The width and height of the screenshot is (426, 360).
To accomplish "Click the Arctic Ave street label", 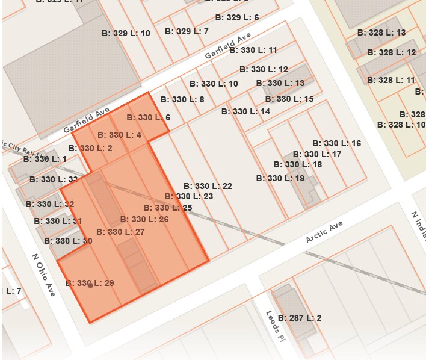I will (x=324, y=232).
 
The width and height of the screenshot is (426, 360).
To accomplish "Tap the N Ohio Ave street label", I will (x=43, y=275).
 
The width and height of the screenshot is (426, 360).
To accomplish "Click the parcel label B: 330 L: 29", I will (x=90, y=283).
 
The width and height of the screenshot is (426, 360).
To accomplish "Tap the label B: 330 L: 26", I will (x=144, y=219).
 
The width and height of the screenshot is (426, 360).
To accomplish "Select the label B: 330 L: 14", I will (x=245, y=111).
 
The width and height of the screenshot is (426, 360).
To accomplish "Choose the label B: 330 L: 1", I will (x=45, y=159).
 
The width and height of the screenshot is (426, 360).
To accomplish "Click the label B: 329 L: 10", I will (x=126, y=33).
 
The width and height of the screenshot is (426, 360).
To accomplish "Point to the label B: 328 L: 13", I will (x=381, y=33).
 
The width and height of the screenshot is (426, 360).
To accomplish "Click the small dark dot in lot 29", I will (x=90, y=286).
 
